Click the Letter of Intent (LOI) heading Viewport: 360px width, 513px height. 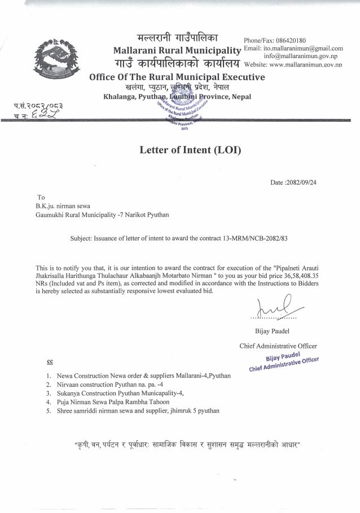pos(190,151)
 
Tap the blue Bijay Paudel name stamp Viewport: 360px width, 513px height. pos(284,360)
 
